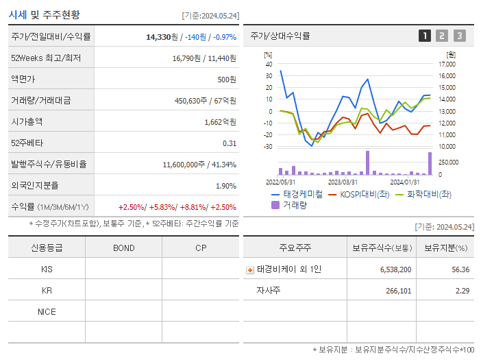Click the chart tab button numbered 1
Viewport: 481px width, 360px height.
(x=425, y=36)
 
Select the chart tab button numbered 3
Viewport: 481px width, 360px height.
(x=459, y=36)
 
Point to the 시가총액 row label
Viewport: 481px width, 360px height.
(x=27, y=121)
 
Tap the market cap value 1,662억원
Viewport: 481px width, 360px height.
(x=220, y=121)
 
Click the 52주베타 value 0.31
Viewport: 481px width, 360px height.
(x=230, y=143)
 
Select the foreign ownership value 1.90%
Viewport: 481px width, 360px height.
(x=225, y=185)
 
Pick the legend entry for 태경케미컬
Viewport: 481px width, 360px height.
(x=297, y=194)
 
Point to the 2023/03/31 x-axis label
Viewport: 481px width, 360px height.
(x=343, y=182)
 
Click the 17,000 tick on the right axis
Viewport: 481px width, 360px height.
(x=447, y=64)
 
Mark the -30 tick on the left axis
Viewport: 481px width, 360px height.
(x=267, y=147)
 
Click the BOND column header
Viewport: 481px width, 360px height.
(x=123, y=248)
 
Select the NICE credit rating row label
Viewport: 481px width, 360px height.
(x=47, y=311)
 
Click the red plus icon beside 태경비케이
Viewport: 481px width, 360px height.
(x=249, y=269)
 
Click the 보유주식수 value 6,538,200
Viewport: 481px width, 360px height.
(x=395, y=269)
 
